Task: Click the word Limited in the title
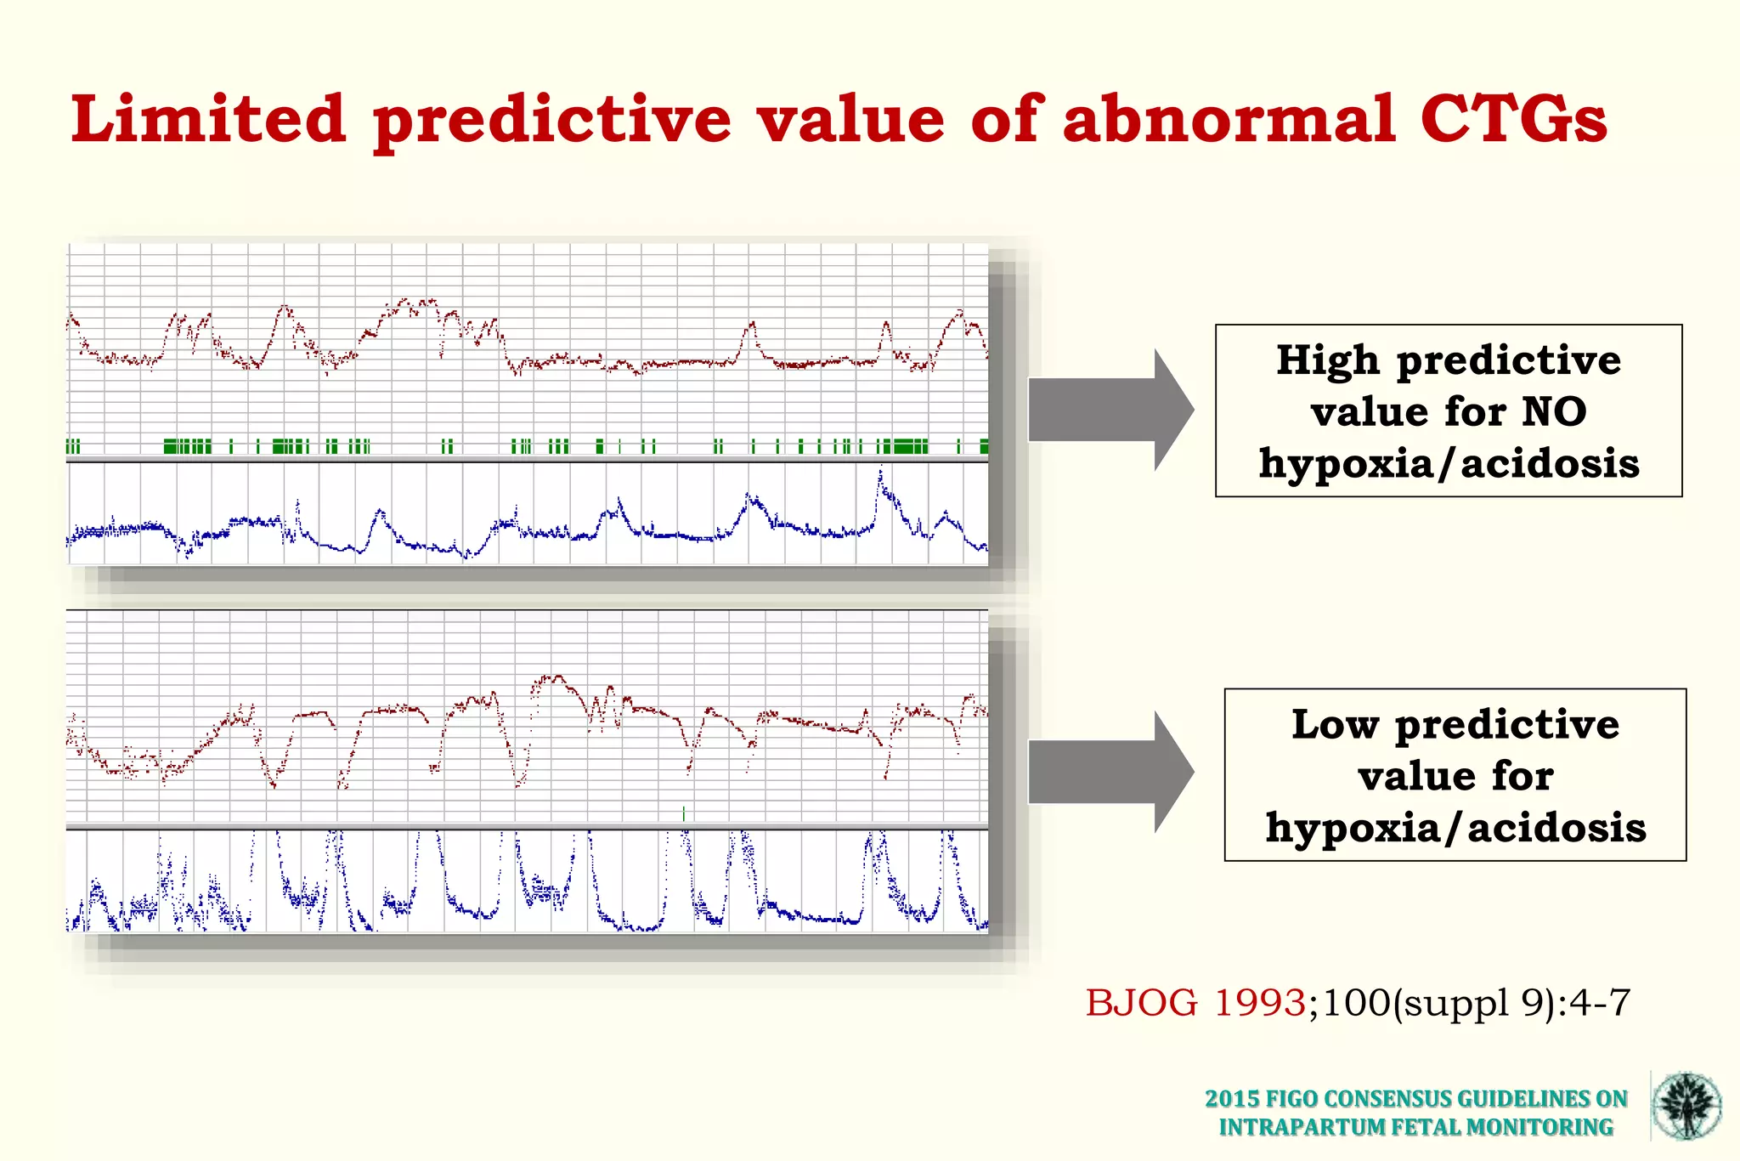tap(208, 119)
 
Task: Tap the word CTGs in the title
tap(1513, 119)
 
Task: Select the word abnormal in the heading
tap(1229, 119)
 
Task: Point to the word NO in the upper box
tap(1554, 412)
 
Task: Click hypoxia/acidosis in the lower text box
tap(1455, 827)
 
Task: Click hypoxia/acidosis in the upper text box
tap(1449, 464)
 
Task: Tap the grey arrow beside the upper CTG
tap(1110, 410)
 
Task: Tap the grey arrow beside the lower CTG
tap(1110, 772)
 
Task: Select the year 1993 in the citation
tap(1259, 1003)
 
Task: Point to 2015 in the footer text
tap(1232, 1099)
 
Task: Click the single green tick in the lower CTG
tap(684, 814)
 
